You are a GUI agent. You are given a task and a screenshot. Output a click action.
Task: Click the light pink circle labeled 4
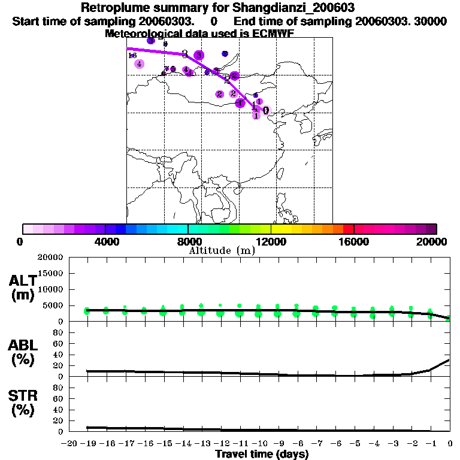(139, 64)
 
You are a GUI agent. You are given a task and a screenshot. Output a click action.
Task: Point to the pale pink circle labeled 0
(266, 111)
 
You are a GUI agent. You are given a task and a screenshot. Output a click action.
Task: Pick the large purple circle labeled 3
(199, 55)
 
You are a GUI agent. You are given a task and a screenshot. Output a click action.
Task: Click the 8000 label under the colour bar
(188, 242)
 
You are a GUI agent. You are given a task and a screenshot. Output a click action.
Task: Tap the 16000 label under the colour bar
(353, 242)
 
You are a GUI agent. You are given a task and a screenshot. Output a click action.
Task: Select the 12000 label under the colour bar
(271, 242)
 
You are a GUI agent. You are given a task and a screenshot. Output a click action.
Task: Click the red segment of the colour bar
(348, 229)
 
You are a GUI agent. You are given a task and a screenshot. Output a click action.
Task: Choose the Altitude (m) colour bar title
(222, 251)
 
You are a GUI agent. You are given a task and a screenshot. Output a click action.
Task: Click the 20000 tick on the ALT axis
(50, 258)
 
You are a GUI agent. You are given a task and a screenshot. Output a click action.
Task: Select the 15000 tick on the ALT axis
(50, 274)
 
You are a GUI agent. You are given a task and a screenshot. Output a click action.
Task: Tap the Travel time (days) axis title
(262, 454)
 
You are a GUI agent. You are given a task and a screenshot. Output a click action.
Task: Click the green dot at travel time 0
(449, 318)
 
